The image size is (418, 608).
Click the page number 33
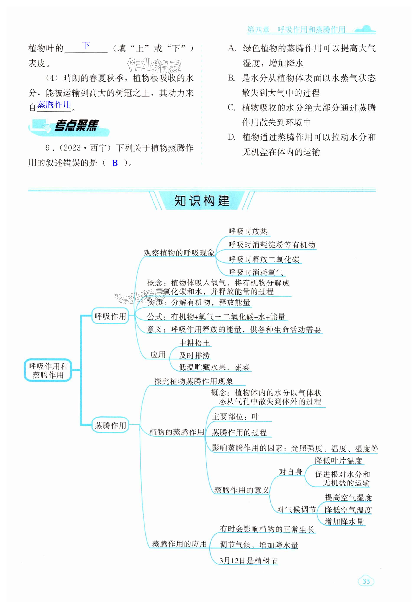click(366, 589)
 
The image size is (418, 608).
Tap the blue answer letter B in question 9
click(115, 163)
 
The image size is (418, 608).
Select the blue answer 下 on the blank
click(86, 45)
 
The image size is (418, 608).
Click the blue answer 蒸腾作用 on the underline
click(54, 105)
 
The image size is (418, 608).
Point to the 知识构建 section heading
click(202, 201)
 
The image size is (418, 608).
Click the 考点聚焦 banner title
click(76, 126)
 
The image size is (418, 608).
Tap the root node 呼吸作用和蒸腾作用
click(48, 370)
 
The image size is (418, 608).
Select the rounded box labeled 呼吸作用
click(110, 316)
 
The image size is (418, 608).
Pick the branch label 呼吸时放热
click(248, 231)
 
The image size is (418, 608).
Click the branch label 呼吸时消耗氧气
click(256, 272)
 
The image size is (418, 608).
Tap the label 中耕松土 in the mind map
click(194, 343)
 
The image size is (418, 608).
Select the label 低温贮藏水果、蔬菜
click(214, 367)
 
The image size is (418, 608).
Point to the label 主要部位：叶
click(235, 417)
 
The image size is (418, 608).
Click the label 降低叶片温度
click(338, 461)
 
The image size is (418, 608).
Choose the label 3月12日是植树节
click(248, 560)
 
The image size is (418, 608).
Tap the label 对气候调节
click(296, 510)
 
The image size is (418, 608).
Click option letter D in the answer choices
click(232, 137)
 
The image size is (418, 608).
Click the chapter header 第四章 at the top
click(258, 29)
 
